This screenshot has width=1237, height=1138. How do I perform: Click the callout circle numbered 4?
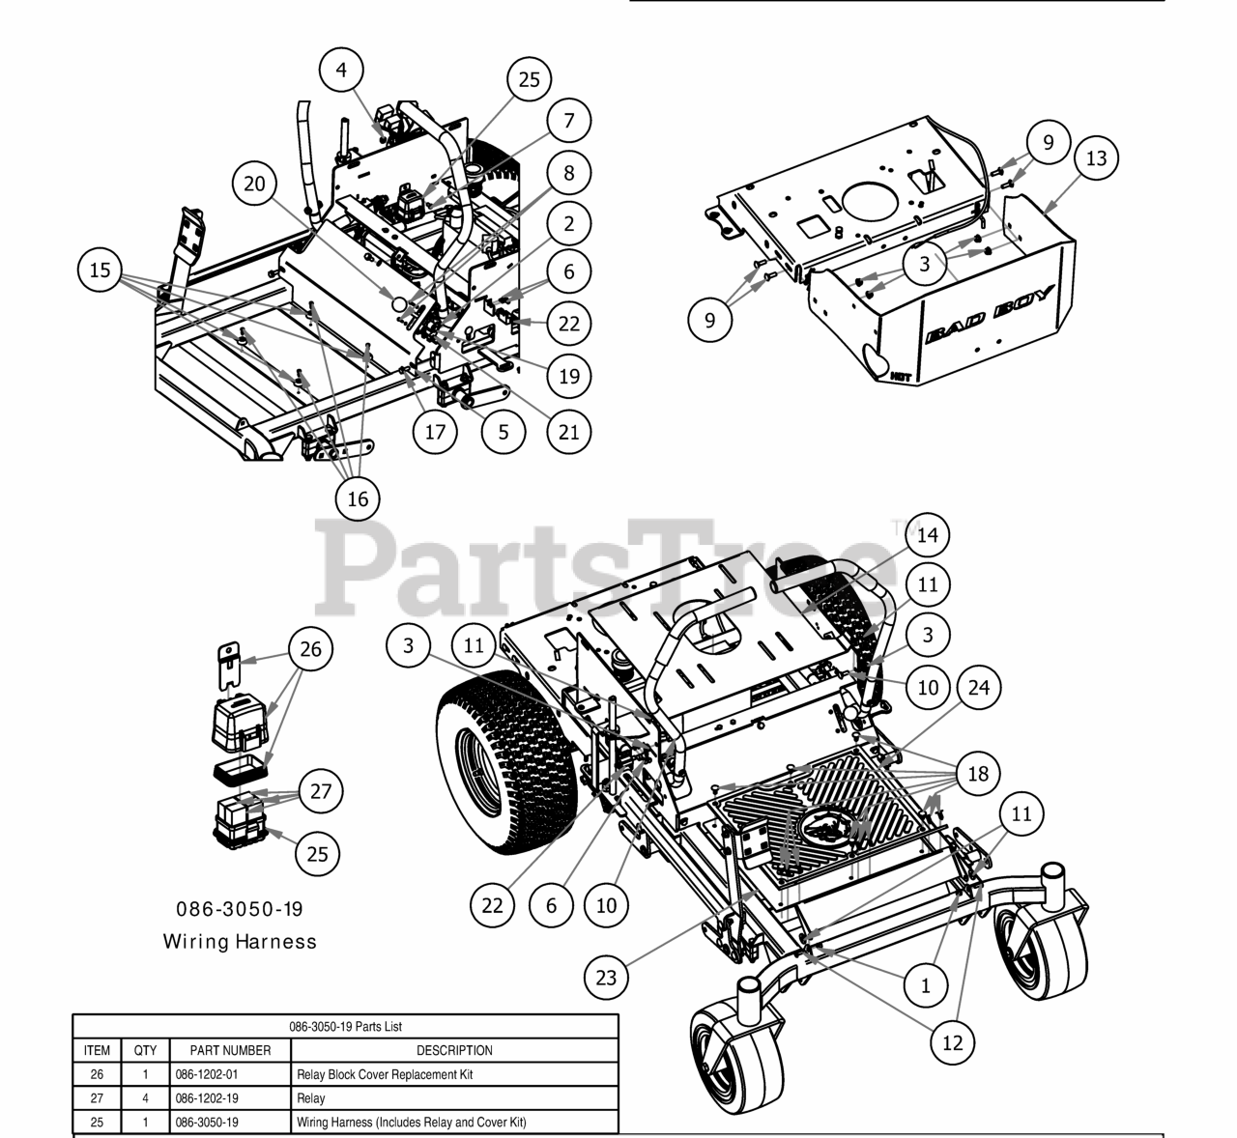coord(343,70)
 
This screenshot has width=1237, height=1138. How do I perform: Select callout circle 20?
coord(254,184)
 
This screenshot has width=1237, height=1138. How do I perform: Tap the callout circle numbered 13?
coord(1096,157)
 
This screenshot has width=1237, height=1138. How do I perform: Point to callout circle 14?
coord(927,534)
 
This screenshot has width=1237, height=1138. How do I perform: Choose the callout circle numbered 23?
coord(606,977)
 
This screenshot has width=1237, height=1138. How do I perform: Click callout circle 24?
coord(979,687)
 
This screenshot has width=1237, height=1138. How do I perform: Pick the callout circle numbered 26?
coord(310,649)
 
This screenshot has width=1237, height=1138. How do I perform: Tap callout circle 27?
coord(321,792)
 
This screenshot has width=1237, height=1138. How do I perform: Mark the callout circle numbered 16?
coord(358,498)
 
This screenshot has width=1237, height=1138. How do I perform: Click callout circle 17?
coord(436,431)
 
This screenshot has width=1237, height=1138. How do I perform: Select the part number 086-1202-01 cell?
coord(230,1074)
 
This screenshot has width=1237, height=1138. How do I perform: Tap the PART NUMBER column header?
coord(230,1050)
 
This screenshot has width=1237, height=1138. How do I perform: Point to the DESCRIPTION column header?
coord(454,1050)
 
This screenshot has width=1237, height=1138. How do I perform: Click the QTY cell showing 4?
coord(145,1098)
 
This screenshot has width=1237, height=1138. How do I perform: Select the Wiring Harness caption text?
coord(240,940)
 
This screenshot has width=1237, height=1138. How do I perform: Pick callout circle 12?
coord(953,1042)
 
